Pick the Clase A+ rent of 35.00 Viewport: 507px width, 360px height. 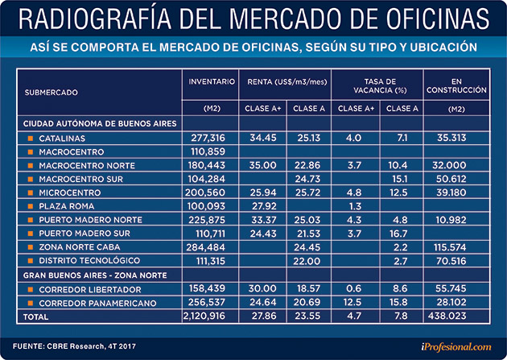[x=263, y=164]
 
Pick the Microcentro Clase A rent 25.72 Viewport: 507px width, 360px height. [x=307, y=192]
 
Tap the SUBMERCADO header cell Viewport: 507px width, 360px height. [x=52, y=93]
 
